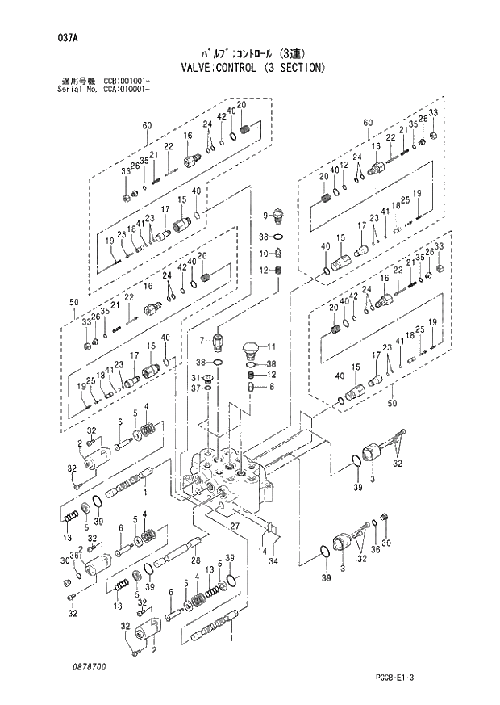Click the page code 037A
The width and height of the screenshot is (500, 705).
[56, 37]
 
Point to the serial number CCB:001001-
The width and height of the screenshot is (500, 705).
[130, 82]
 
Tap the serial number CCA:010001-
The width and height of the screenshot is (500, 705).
[130, 89]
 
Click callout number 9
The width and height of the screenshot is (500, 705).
[264, 214]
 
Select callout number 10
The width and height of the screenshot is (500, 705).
[264, 253]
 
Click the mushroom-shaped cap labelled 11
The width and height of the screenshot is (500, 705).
[252, 350]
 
